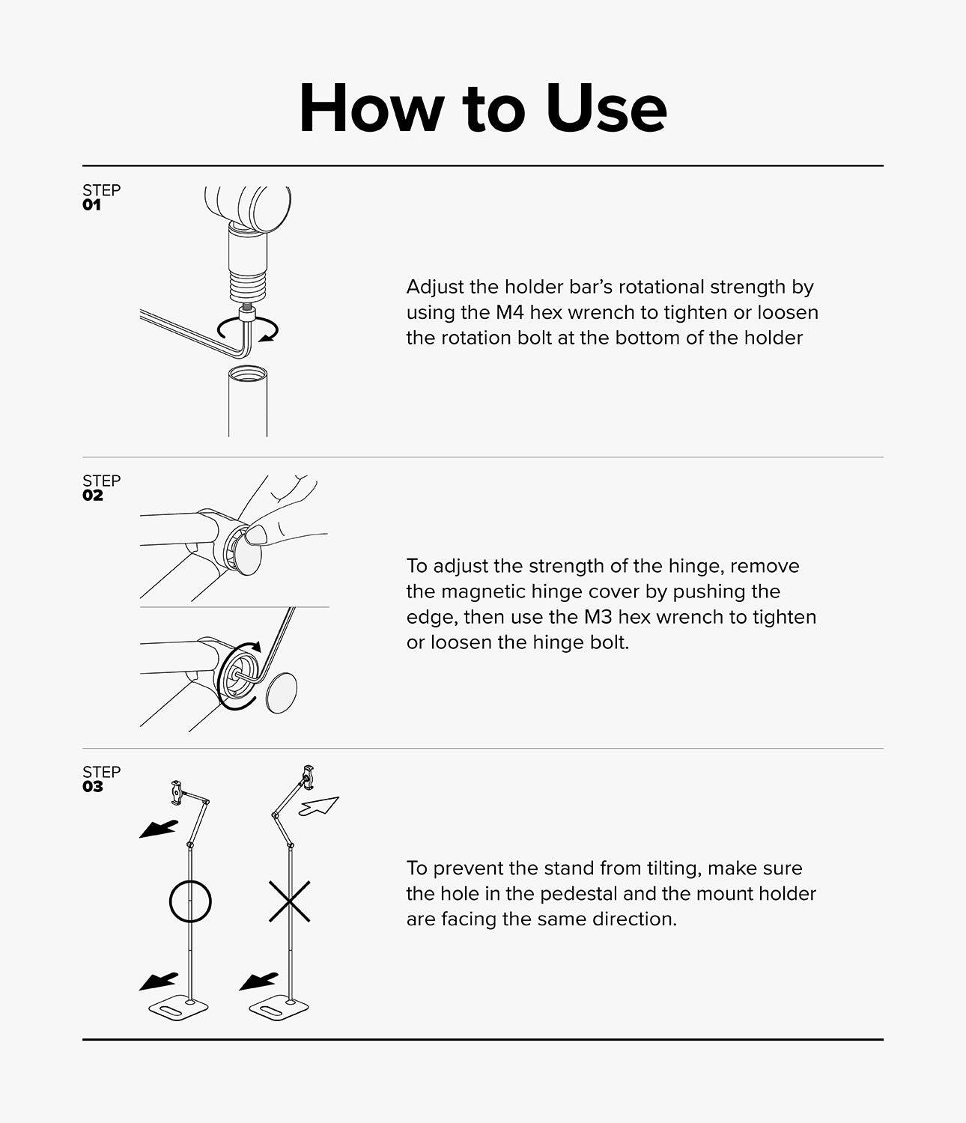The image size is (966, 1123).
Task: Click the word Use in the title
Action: tap(607, 108)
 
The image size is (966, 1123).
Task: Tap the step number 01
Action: tap(91, 205)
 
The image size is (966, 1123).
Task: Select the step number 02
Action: tap(92, 496)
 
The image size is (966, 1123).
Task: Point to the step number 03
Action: tap(92, 787)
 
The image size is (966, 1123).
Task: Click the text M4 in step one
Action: tap(510, 312)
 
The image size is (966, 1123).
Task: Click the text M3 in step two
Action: tap(598, 617)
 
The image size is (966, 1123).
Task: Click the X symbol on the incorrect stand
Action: tap(290, 902)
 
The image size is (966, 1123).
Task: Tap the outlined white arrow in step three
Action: tap(319, 806)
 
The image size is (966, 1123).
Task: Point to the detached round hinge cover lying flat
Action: tap(282, 693)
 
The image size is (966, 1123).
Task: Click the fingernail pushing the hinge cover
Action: tap(256, 534)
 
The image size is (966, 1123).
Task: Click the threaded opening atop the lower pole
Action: tap(248, 374)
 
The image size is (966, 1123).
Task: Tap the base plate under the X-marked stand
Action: tap(279, 1009)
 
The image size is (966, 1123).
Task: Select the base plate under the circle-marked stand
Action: tap(179, 1009)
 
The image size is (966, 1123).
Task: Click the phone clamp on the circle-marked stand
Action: tap(176, 793)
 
